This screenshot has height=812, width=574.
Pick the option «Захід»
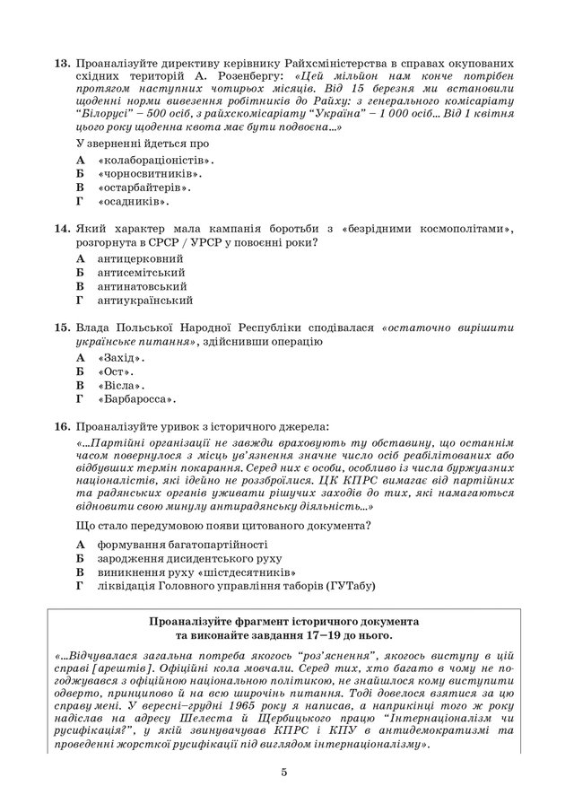(122, 356)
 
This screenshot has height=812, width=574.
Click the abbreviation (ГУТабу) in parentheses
(345, 586)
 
